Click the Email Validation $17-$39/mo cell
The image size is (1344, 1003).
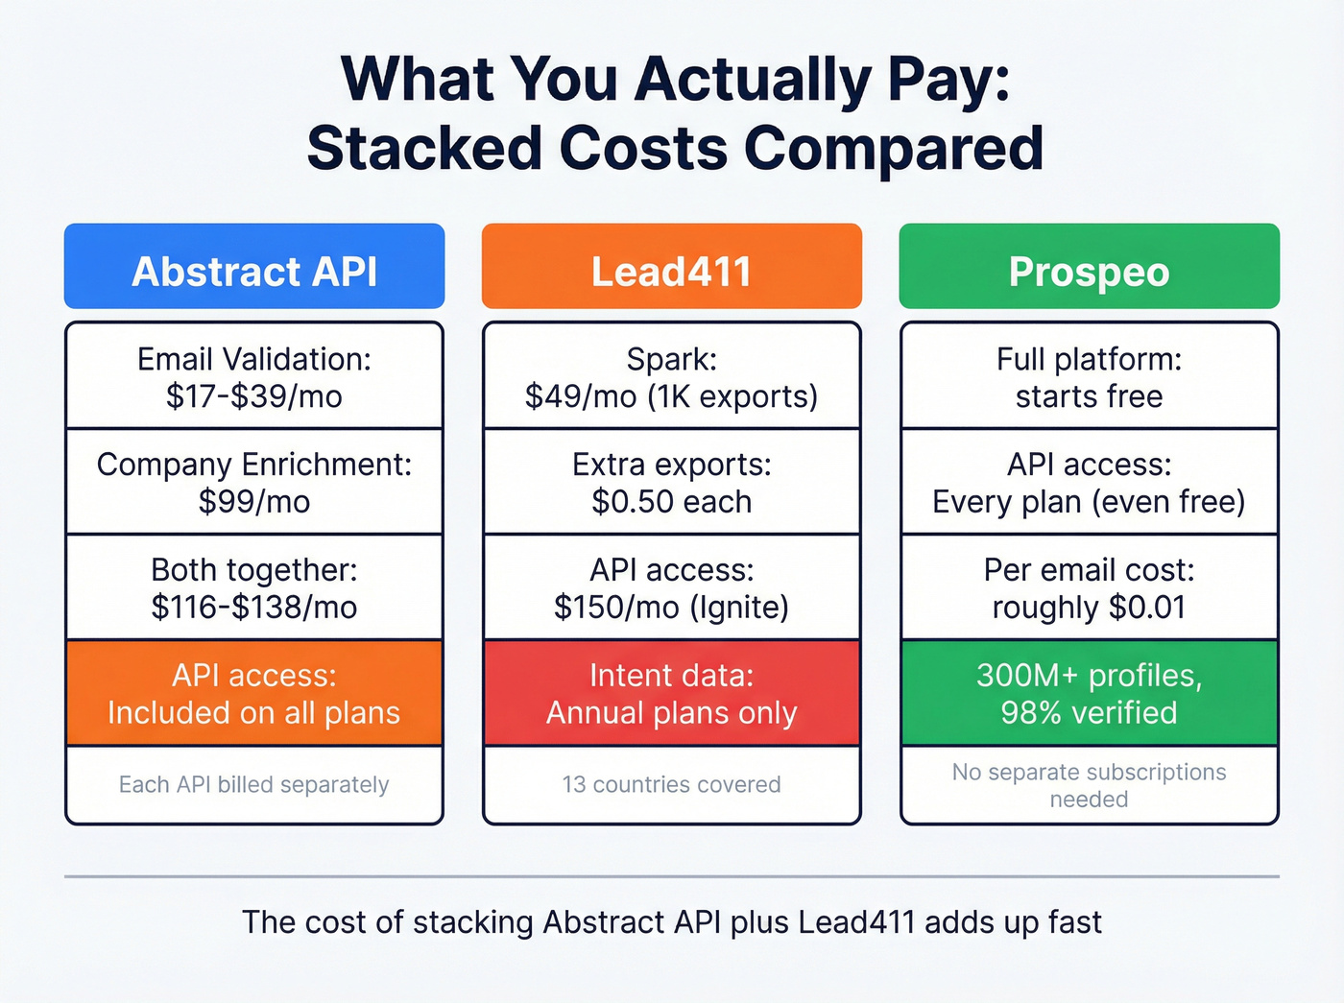[254, 376]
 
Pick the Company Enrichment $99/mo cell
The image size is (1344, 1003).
[254, 482]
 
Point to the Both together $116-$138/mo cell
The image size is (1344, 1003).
[254, 587]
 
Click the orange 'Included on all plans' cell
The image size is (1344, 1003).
[254, 693]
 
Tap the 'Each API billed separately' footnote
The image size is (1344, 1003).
[254, 784]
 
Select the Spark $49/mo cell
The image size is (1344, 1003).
[671, 376]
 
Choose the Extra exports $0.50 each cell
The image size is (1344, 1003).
[671, 482]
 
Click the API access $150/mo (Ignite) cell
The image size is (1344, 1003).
[671, 587]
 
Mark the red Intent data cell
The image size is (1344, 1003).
[671, 693]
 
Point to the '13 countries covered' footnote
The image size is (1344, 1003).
[671, 784]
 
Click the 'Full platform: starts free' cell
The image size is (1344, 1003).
[1089, 376]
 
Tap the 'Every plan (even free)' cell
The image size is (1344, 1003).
[1089, 482]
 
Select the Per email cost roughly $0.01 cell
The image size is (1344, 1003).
[1089, 587]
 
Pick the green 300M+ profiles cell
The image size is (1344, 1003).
[1089, 693]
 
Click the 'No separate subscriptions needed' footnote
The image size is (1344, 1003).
[1089, 785]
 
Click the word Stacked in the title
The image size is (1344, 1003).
[423, 149]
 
